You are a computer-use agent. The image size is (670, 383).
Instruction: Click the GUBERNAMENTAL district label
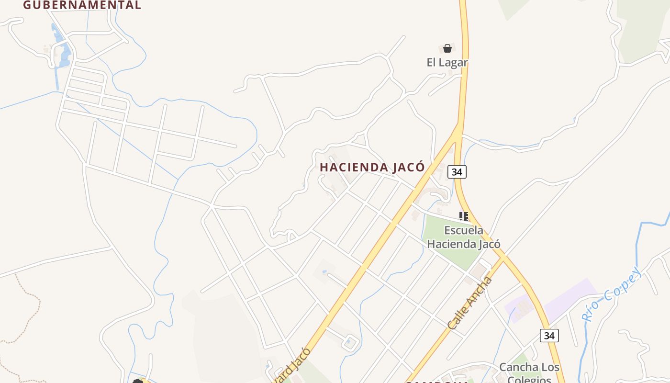pos(82,5)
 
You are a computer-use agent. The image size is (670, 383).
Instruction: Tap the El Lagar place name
pos(447,63)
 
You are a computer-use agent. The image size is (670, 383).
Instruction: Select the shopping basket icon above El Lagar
pos(447,48)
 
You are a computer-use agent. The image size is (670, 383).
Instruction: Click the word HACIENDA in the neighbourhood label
pos(353,168)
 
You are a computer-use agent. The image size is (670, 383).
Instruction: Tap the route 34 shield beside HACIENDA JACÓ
pos(457,172)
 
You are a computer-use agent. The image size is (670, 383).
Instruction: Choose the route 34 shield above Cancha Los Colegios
pos(549,336)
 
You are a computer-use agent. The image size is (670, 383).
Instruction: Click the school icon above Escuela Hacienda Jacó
pos(463,216)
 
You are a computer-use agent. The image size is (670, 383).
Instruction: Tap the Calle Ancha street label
pos(470,303)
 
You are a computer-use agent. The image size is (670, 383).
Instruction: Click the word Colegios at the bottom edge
pos(529,379)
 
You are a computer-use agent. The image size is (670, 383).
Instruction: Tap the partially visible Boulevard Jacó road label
pos(293,366)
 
